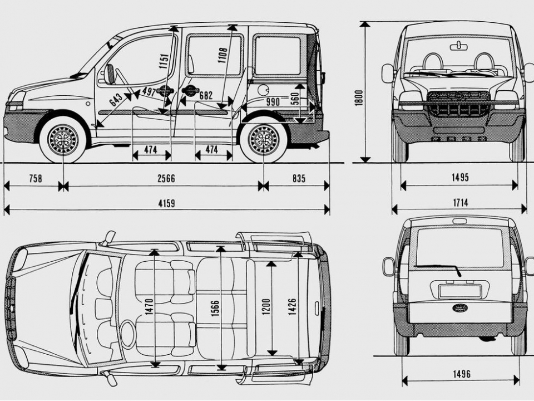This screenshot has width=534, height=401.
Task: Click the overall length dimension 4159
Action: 166,203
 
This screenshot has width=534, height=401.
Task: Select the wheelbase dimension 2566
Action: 166,178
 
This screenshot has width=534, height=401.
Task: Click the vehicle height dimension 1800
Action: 359,97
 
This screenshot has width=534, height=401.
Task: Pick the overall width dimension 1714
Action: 460,203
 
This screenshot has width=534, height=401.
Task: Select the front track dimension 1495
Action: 460,178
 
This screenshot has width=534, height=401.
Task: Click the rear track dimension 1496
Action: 461,374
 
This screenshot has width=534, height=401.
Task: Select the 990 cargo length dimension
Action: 273,102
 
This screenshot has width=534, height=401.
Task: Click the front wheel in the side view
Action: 62,139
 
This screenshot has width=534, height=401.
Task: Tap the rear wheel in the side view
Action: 263,139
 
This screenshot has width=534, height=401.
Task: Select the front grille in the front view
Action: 458,104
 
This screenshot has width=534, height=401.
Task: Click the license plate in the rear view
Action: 459,291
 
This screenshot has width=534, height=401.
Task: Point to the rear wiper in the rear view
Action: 439,268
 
